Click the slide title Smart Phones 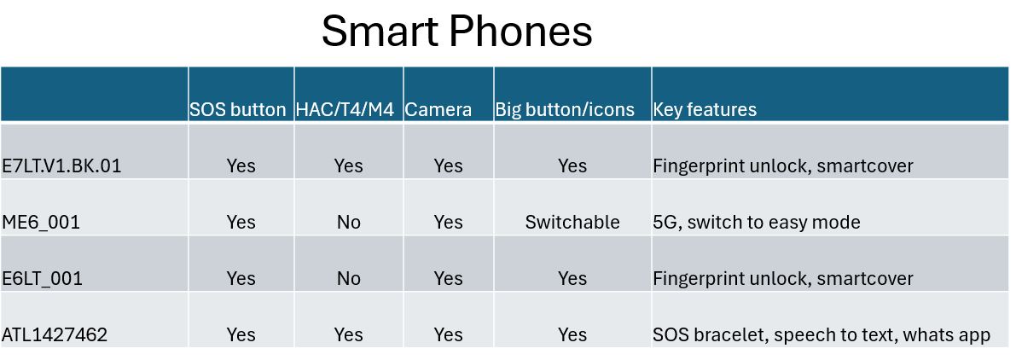(456, 31)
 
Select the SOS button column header (238, 109)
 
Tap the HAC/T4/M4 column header (345, 109)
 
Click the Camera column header (438, 109)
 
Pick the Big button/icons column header (565, 109)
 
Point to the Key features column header (705, 109)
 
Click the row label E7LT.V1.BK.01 (61, 165)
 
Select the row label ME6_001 (41, 222)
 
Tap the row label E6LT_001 (42, 278)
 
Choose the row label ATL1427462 (55, 334)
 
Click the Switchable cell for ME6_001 (572, 222)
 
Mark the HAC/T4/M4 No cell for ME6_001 (349, 222)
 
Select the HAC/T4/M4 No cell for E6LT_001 (349, 278)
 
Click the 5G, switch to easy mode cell (757, 222)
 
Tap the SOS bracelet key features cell (822, 334)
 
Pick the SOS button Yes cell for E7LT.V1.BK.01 (241, 165)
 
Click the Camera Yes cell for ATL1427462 (449, 334)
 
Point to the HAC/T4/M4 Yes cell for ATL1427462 (349, 334)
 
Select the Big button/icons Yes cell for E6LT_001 (572, 278)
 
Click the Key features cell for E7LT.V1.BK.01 (783, 165)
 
